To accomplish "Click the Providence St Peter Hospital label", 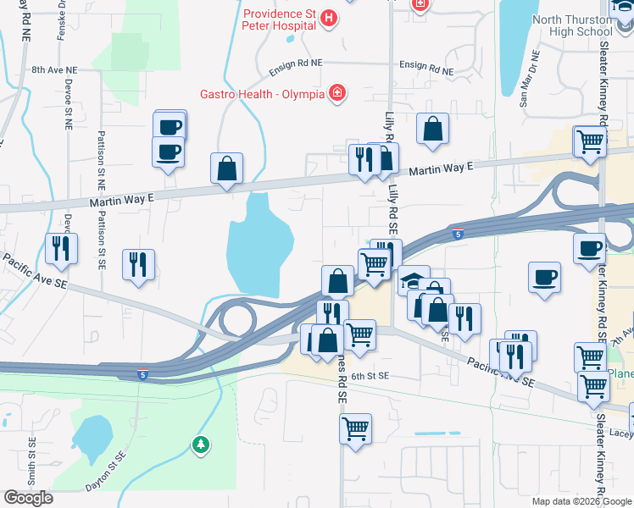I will [279, 19].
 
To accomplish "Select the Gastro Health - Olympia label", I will [262, 93].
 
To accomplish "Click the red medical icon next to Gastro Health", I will [337, 92].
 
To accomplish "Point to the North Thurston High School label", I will [572, 25].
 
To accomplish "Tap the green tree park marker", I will [200, 444].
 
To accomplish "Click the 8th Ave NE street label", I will [53, 70].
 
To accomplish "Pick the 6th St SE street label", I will [370, 375].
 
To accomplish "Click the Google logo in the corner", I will [28, 498].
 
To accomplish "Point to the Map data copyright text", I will [581, 501].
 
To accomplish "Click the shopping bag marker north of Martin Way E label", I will [432, 129].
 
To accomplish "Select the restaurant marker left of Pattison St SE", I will [61, 247].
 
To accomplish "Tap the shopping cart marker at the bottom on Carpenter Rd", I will [356, 427].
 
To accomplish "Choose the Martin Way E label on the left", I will [121, 200].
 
